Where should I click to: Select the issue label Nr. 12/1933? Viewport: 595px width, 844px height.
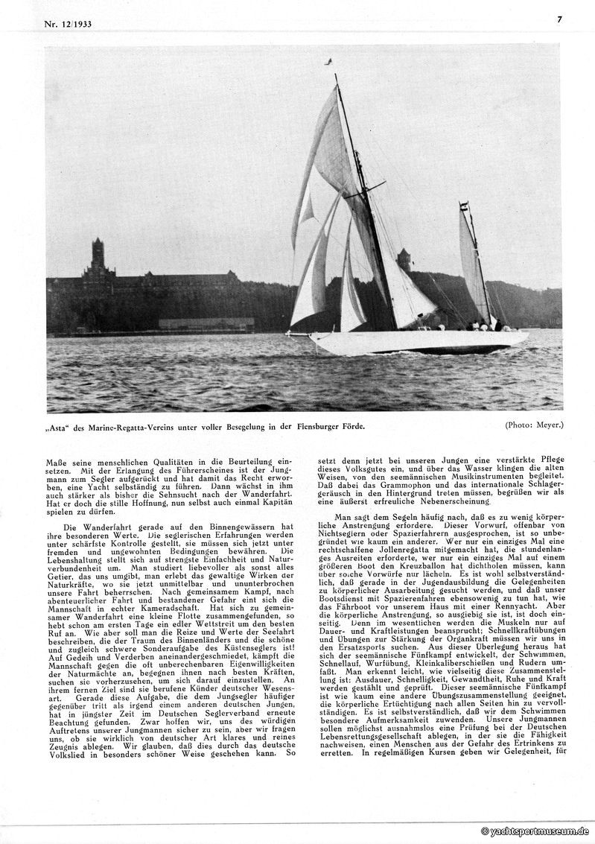[x=71, y=25]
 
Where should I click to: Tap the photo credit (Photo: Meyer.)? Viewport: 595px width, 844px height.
[x=534, y=425]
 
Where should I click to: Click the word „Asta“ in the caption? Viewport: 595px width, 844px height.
[x=60, y=427]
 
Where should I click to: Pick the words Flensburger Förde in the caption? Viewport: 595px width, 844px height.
[x=329, y=427]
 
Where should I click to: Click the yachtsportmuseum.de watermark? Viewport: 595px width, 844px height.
[x=536, y=831]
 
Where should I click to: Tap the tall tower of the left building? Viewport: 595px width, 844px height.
[x=98, y=258]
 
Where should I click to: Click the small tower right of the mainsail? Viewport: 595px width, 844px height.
[x=404, y=259]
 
